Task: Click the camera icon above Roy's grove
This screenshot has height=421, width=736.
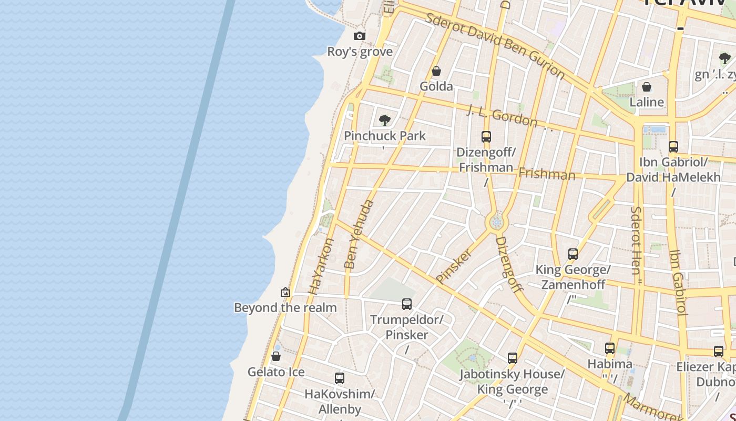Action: click(360, 36)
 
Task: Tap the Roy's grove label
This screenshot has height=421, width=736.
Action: click(360, 52)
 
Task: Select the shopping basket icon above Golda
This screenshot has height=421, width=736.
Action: click(436, 71)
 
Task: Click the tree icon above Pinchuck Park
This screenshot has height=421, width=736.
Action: click(385, 121)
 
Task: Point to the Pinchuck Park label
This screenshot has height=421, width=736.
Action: click(385, 136)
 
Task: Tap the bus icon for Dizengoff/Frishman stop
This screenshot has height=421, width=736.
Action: click(486, 137)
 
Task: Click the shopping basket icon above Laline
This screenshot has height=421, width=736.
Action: click(647, 87)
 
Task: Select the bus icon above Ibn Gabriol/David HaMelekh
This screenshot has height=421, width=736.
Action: click(673, 147)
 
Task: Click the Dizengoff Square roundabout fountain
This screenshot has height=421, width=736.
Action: click(496, 223)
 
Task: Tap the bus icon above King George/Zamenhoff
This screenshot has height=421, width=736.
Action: click(573, 255)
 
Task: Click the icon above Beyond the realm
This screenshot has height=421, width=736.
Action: click(285, 292)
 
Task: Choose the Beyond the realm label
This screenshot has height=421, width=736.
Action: click(285, 307)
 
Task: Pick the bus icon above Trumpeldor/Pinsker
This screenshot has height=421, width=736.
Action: click(407, 304)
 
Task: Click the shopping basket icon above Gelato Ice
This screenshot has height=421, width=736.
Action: click(276, 357)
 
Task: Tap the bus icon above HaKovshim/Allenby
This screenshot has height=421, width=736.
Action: click(340, 378)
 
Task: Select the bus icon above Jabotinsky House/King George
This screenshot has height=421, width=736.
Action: click(513, 359)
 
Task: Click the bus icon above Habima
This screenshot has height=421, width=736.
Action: click(610, 348)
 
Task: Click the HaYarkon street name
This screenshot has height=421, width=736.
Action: click(321, 266)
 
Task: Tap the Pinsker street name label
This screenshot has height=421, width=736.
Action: click(454, 266)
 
